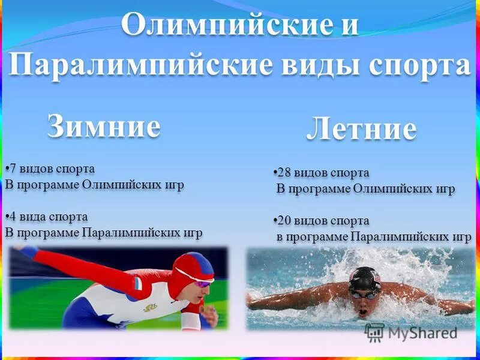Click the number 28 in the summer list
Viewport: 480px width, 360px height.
pos(284,173)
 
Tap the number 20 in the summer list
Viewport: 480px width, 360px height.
pos(284,221)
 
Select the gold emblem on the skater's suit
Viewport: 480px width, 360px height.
pos(150,307)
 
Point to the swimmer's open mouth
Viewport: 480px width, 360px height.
pos(363,312)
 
